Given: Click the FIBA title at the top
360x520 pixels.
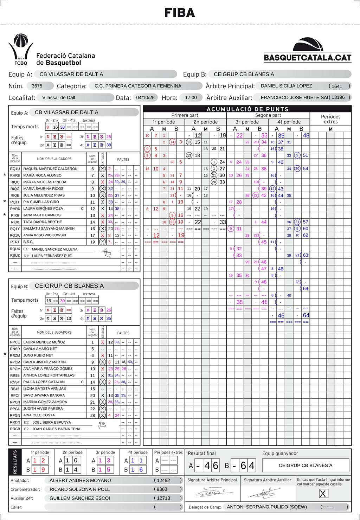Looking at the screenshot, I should [180, 13].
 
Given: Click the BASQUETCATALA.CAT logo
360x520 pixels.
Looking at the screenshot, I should [308, 50].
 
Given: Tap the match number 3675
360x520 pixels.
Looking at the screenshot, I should [37, 86].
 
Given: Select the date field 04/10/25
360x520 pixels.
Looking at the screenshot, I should [145, 97].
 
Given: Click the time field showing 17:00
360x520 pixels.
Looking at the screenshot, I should [191, 97].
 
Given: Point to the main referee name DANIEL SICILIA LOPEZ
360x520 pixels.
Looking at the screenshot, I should [286, 86].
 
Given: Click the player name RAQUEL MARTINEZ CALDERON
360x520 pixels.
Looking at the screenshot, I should [50, 169].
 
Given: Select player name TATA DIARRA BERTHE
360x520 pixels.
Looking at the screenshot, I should [43, 222].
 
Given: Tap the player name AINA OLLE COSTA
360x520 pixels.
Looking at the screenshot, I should [39, 415].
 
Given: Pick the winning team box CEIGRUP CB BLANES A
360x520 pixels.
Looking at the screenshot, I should [306, 465].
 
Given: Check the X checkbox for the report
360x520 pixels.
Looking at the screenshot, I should [323, 494].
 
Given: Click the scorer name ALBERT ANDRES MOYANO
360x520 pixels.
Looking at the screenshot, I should [80, 480].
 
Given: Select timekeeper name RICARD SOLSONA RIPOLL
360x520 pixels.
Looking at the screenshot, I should [79, 489].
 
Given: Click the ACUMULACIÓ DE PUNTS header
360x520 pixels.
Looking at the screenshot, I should [247, 109].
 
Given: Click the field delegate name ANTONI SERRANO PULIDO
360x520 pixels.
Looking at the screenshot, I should [267, 507].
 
